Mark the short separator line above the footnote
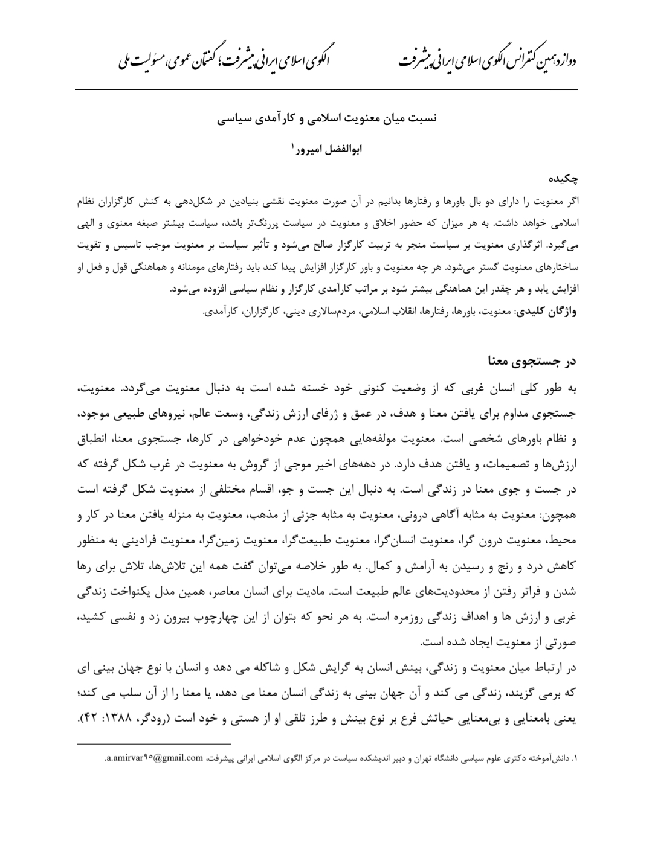154,744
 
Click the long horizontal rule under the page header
326,90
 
